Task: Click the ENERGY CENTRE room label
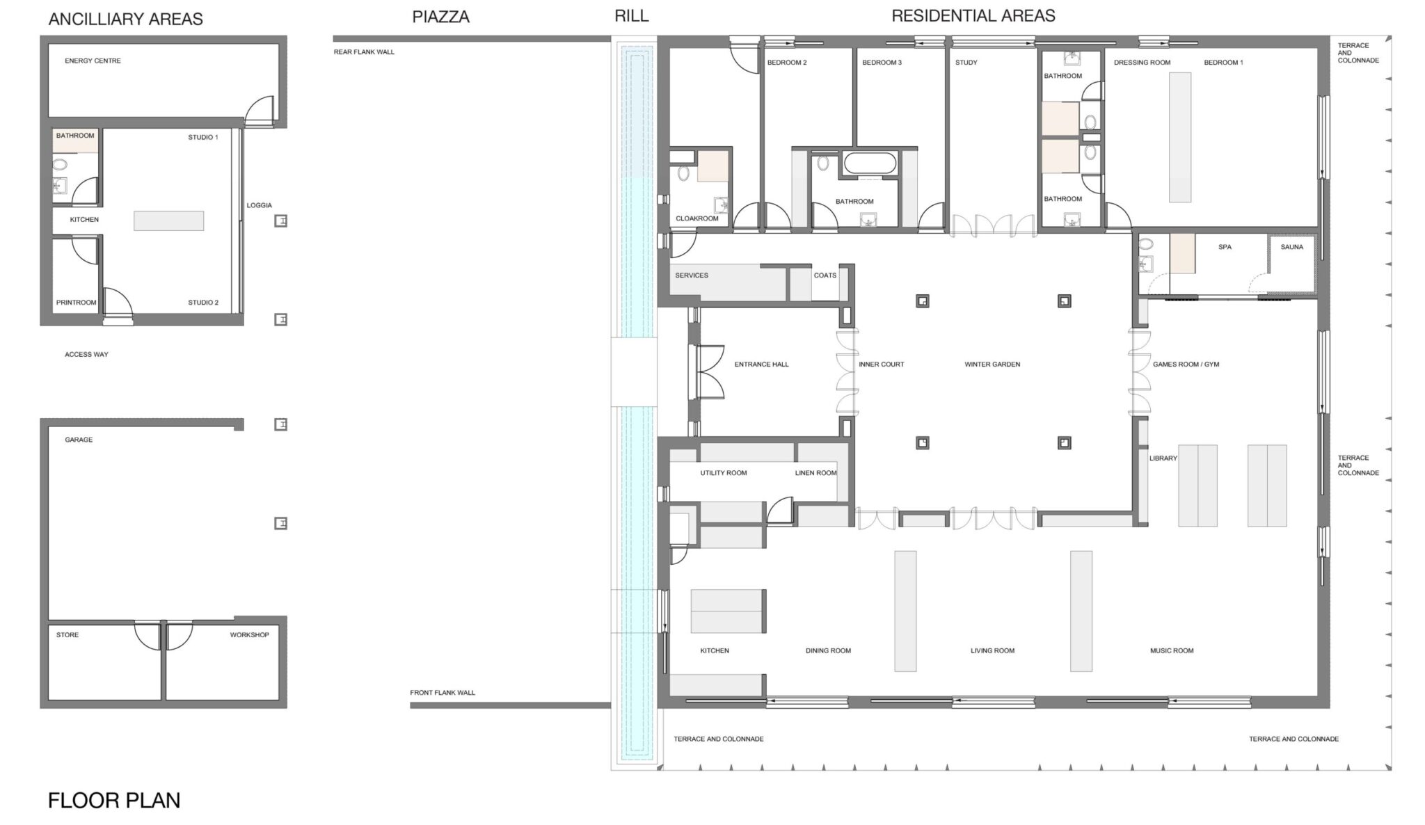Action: [x=93, y=61]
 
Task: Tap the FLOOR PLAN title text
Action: [x=114, y=801]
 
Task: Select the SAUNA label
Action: [x=1292, y=247]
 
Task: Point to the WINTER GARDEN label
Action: [x=992, y=365]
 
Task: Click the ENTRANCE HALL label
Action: [x=762, y=365]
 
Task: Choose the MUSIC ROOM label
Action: [x=1172, y=651]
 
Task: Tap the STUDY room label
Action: [x=966, y=63]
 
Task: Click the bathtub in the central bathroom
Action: [x=870, y=163]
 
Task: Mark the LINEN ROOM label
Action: [x=816, y=473]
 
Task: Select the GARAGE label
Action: [x=79, y=440]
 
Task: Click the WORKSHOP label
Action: [x=250, y=635]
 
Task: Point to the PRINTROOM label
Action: [x=77, y=303]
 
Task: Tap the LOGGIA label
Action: [x=260, y=205]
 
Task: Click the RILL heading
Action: [x=632, y=16]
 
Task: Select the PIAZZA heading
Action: [x=441, y=17]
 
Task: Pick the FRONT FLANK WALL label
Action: [x=443, y=693]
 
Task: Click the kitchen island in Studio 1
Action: [x=169, y=221]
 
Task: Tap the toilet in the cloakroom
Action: [x=683, y=173]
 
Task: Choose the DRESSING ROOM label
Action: [x=1143, y=63]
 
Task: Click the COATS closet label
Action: [x=825, y=275]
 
